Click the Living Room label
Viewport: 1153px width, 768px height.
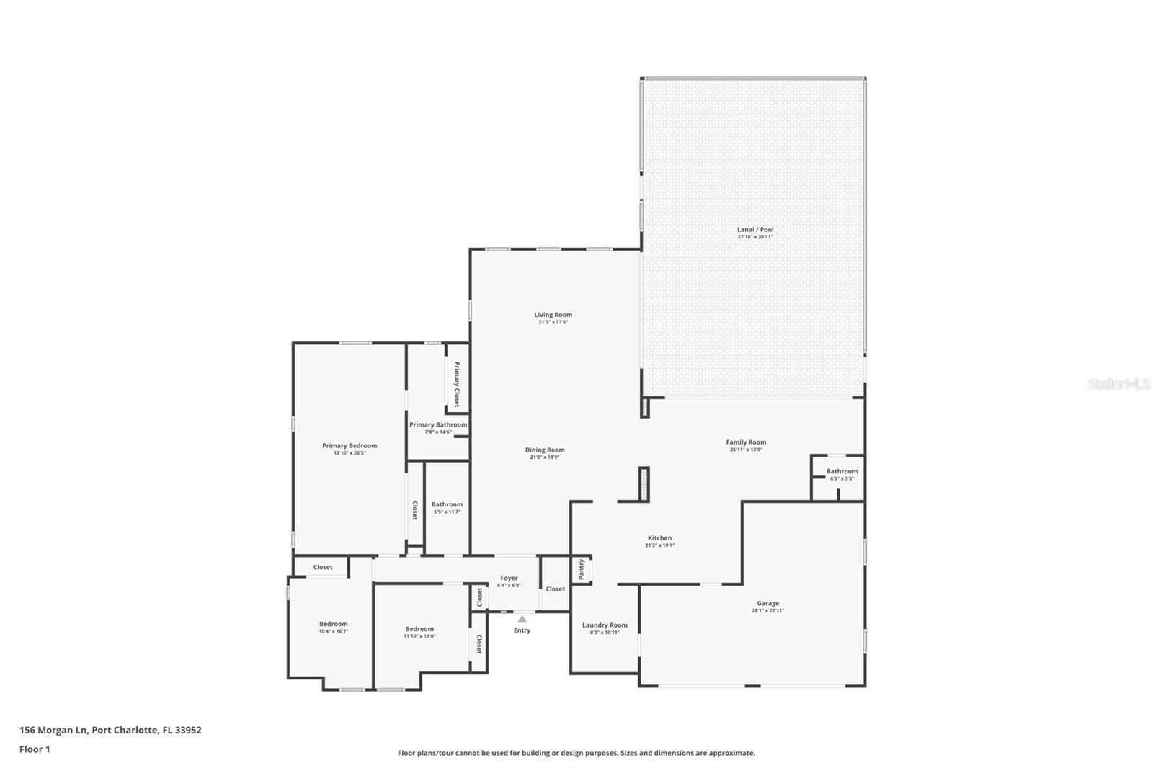pos(553,315)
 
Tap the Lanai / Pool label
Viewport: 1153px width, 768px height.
pos(754,229)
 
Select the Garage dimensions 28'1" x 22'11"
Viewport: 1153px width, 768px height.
pos(767,611)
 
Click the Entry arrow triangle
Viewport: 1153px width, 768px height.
pos(522,619)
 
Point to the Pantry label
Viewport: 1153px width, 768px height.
pos(582,570)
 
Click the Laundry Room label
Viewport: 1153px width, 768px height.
pos(605,625)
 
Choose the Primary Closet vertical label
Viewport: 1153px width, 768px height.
pos(456,384)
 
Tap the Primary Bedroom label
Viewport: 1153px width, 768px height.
pos(350,445)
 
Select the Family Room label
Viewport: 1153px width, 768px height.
pos(746,442)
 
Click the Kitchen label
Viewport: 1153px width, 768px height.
pos(659,538)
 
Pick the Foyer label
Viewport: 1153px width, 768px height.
pos(509,578)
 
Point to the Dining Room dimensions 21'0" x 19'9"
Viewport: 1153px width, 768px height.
pos(545,457)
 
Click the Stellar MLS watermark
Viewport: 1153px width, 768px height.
pos(1118,385)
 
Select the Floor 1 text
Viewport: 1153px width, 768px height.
pos(35,749)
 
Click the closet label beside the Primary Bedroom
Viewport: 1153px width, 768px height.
pos(414,510)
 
